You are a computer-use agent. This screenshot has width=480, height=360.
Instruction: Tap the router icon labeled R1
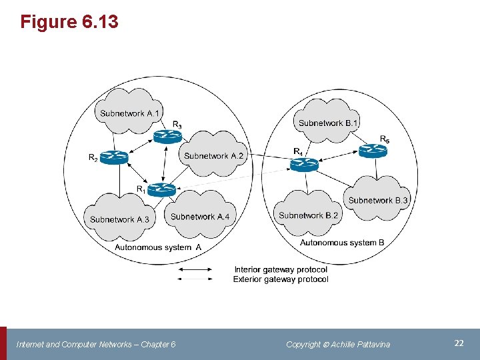tap(161, 190)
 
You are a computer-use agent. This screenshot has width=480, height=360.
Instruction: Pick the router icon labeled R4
tap(304, 165)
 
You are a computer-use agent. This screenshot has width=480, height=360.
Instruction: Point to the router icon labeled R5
tap(373, 151)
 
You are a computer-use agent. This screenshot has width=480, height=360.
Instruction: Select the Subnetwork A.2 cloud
tap(214, 155)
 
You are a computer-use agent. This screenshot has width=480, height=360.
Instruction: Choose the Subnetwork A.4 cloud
tap(199, 215)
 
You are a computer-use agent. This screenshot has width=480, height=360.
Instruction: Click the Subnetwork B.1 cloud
tap(328, 121)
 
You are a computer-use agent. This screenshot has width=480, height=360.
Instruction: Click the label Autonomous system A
tap(158, 247)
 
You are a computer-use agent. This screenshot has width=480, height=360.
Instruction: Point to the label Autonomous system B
tap(342, 243)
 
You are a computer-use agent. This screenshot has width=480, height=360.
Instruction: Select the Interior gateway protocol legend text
tap(281, 269)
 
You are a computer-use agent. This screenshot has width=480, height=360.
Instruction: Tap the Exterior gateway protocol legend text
tap(281, 279)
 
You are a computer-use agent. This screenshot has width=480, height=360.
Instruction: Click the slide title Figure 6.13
tap(69, 22)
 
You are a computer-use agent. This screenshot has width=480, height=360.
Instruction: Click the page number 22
tap(459, 343)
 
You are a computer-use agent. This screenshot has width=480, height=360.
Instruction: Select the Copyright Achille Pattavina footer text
tap(338, 344)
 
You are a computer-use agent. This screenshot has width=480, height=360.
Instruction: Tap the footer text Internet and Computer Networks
tap(96, 344)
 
